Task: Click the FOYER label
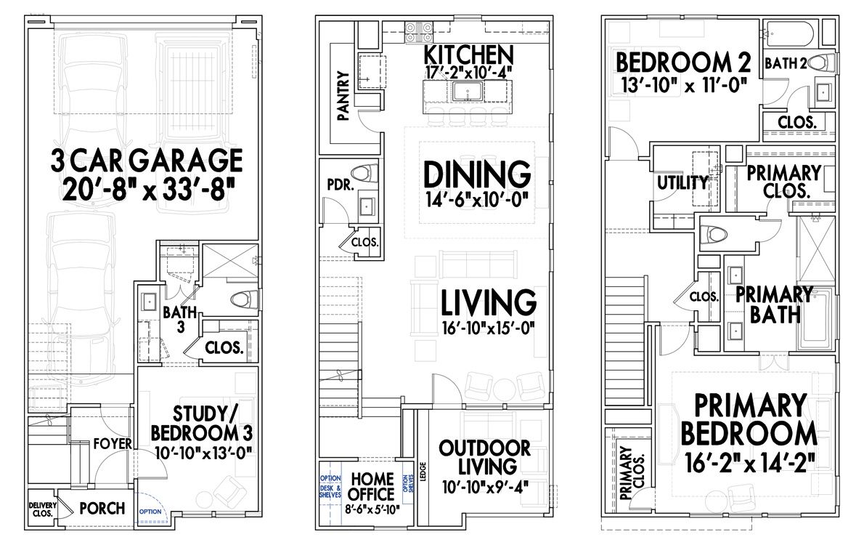click(x=113, y=443)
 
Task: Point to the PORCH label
click(x=102, y=508)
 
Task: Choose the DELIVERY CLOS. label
click(x=42, y=509)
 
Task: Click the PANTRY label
click(x=343, y=94)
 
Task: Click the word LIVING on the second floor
click(x=488, y=302)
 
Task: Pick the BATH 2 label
click(x=783, y=64)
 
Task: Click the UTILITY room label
click(x=682, y=182)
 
